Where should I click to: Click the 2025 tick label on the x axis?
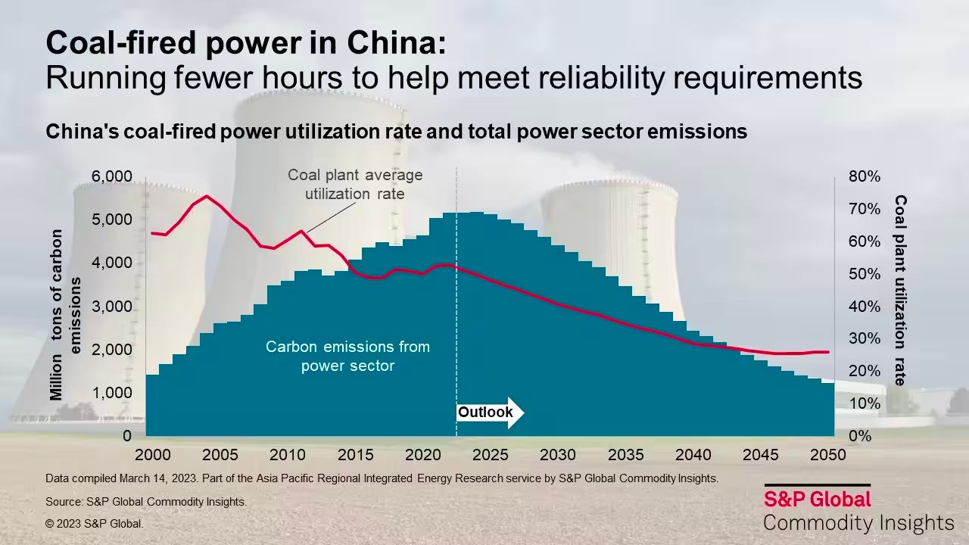(490, 455)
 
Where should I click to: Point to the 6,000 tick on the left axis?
(111, 176)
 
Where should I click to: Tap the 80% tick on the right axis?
(864, 176)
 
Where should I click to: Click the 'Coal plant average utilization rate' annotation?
(354, 184)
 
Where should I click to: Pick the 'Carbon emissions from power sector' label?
(347, 356)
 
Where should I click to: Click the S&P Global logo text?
(817, 499)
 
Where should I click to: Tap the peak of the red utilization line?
(207, 196)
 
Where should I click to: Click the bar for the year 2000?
(152, 405)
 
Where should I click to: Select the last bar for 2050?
(827, 409)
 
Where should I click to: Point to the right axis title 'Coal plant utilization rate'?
(900, 290)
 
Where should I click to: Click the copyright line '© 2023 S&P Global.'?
(94, 523)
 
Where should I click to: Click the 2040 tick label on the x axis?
(693, 455)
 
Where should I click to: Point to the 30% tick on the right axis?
(864, 338)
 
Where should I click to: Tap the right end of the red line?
(828, 352)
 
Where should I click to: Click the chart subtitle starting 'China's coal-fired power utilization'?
(396, 132)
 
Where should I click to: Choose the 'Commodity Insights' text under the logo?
(858, 523)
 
